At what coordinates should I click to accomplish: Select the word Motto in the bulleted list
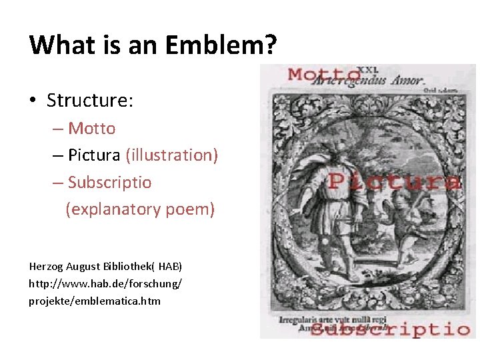pyautogui.click(x=92, y=128)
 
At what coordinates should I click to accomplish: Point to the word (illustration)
pyautogui.click(x=171, y=155)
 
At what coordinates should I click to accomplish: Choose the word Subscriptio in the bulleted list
pyautogui.click(x=110, y=182)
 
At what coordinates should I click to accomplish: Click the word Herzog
pyautogui.click(x=46, y=266)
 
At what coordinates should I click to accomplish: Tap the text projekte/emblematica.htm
pyautogui.click(x=95, y=301)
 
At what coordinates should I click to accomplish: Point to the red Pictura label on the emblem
pyautogui.click(x=394, y=181)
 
